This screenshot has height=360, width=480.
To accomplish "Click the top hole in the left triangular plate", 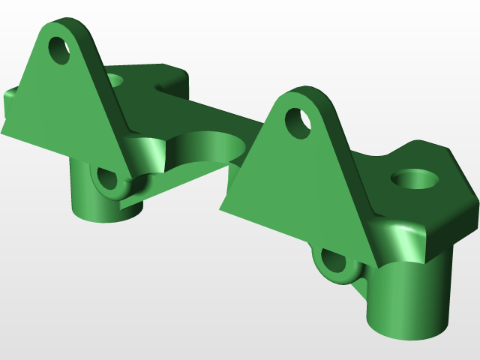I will click(58, 49).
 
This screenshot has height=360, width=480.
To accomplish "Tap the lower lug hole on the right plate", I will click(331, 262).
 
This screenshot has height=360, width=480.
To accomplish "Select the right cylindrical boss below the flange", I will click(409, 300).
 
